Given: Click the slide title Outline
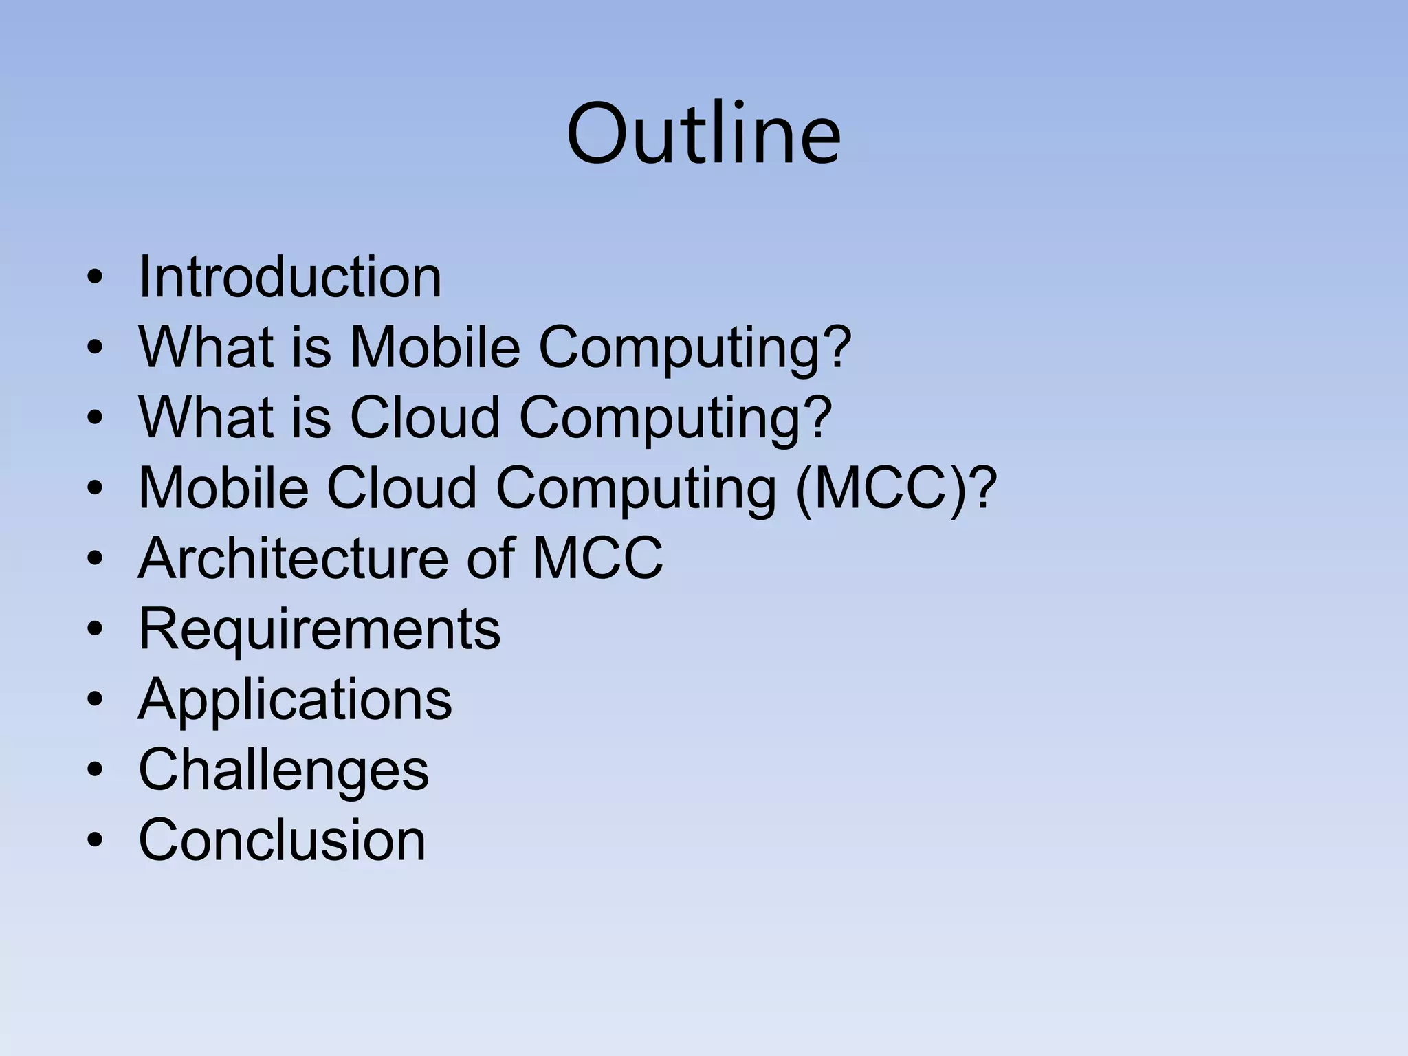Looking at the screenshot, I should [703, 133].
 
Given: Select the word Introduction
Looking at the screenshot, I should [289, 277].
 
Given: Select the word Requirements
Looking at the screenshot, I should [320, 628].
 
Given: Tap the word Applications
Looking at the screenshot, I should [295, 699].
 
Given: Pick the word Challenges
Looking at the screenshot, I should [283, 769].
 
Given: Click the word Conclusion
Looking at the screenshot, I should [282, 839].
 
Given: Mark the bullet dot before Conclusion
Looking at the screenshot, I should [95, 841].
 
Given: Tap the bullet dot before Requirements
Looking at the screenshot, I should [95, 630].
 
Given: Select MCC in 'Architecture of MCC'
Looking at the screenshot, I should [597, 558].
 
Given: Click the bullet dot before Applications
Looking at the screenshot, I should [95, 700].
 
